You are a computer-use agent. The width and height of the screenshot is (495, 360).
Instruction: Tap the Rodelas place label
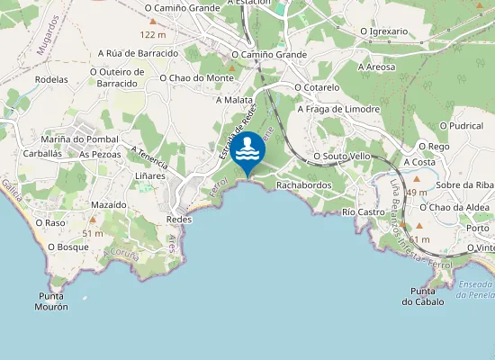51,79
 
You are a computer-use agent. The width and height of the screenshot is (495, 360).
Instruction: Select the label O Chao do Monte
196,78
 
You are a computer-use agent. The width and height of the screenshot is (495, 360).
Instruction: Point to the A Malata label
234,100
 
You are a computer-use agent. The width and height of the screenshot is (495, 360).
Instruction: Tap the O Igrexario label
383,31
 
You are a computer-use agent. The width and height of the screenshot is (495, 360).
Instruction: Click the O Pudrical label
466,126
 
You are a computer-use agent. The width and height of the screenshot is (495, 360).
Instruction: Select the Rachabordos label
304,185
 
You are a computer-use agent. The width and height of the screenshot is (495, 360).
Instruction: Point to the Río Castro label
364,211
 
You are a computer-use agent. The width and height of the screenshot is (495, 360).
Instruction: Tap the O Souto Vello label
341,156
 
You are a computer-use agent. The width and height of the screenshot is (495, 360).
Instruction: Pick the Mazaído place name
109,205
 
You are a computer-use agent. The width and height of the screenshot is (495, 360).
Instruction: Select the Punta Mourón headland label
53,301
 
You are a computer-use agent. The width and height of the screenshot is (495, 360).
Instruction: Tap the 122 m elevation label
154,35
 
